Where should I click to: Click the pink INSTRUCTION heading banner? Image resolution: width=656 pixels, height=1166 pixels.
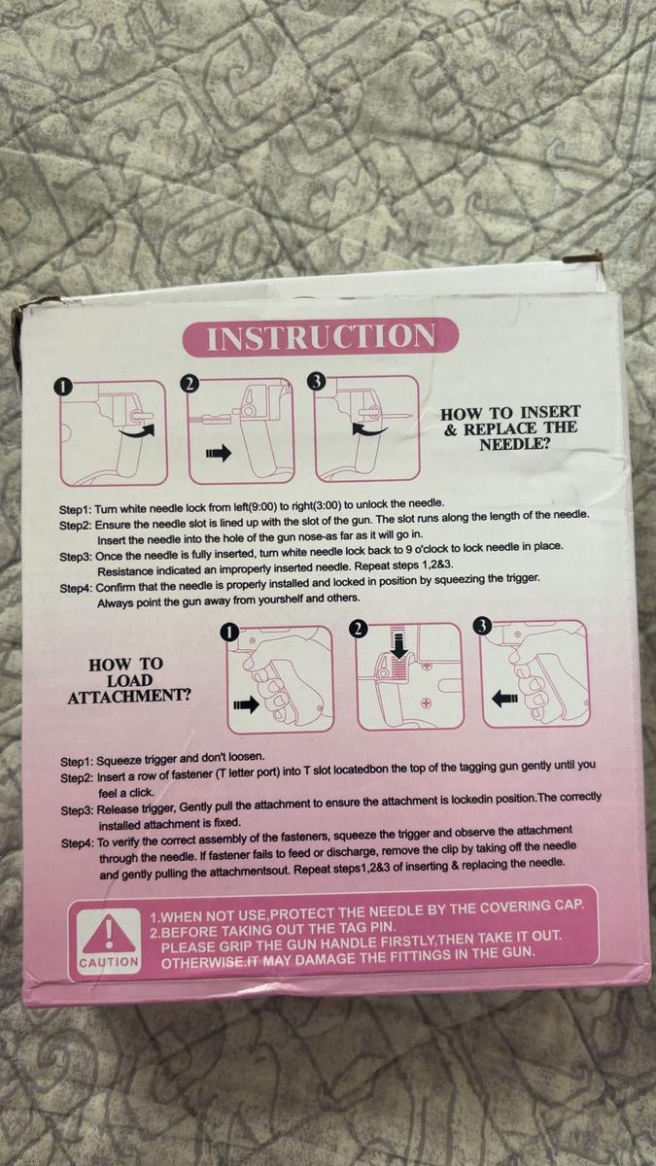[x=322, y=337]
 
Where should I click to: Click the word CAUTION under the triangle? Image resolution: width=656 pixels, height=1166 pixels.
[x=109, y=962]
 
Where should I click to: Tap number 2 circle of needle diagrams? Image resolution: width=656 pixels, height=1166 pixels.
[x=190, y=383]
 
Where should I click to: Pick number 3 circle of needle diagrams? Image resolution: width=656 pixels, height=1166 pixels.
[x=315, y=381]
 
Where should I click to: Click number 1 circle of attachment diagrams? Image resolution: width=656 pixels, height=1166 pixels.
[x=228, y=632]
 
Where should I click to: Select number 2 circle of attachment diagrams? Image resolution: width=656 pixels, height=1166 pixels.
[x=359, y=628]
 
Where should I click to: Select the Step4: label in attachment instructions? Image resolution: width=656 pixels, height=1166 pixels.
[x=77, y=843]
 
